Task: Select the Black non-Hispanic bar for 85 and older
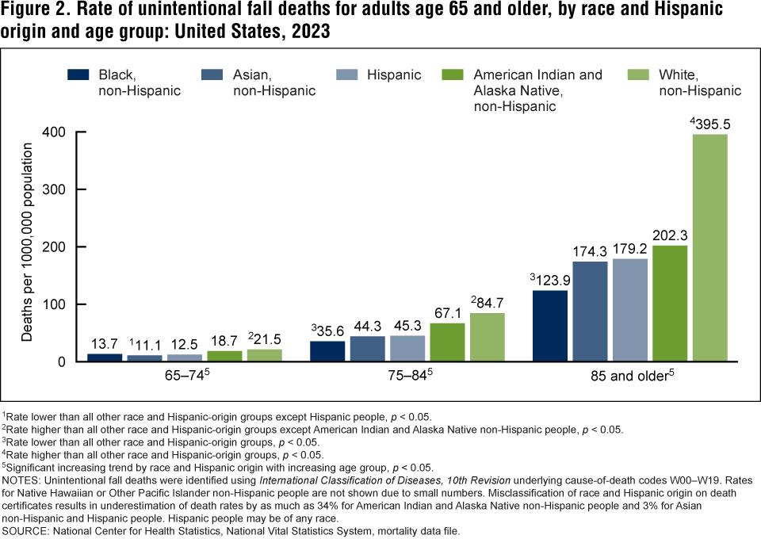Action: tap(550, 326)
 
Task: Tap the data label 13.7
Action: tap(103, 346)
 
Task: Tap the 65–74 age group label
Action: tap(183, 377)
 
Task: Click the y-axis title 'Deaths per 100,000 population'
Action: tap(28, 243)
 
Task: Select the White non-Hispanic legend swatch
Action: tap(639, 75)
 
